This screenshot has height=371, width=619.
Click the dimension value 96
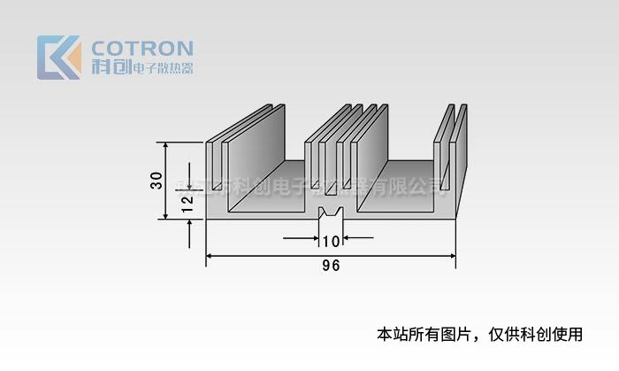(x=332, y=266)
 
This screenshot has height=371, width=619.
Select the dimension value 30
(x=157, y=180)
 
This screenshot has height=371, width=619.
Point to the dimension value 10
(x=331, y=242)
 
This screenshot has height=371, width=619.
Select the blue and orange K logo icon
(x=58, y=58)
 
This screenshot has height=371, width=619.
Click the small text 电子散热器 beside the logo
(x=162, y=68)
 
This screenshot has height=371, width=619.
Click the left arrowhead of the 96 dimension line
(x=210, y=256)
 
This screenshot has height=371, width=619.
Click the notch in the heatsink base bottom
(x=331, y=214)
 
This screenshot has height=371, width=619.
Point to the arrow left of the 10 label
(x=314, y=237)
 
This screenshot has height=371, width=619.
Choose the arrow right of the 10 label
(x=348, y=237)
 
